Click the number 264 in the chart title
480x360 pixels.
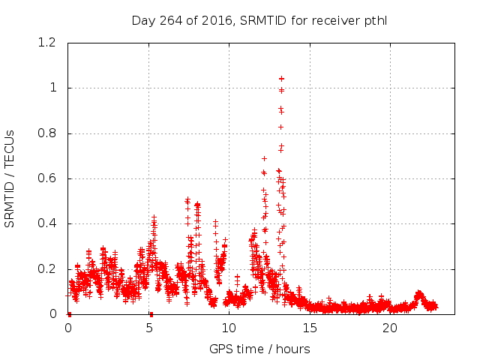coord(169,20)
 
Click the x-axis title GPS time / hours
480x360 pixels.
coord(259,349)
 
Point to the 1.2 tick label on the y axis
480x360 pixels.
coord(47,43)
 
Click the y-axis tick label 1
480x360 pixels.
coord(52,88)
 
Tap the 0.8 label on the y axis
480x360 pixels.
coord(47,133)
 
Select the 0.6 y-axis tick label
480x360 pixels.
coord(47,178)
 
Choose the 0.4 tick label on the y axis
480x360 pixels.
coord(47,223)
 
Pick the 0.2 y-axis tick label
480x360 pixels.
coord(47,269)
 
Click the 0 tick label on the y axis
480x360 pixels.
coord(52,314)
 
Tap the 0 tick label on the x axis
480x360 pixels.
coord(68,328)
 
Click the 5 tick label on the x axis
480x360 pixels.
coord(148,328)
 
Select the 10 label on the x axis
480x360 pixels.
coord(229,328)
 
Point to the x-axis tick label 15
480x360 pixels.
coord(309,328)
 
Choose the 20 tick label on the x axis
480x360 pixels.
coord(389,328)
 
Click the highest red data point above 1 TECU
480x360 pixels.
coord(281,78)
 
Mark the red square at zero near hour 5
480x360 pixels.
coord(151,313)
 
